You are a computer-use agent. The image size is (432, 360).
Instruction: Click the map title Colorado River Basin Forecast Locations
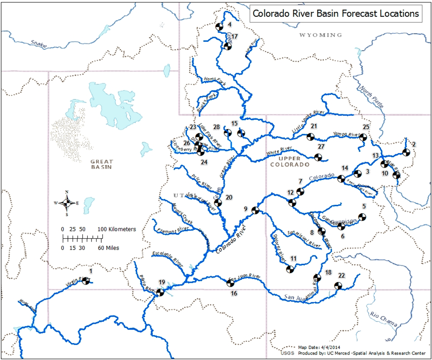pos(335,13)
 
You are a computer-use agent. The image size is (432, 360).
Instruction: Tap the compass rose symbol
pos(67,203)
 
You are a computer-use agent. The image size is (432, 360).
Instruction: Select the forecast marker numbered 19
pos(159,292)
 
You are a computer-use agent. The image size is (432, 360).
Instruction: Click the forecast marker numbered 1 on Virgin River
pos(86,280)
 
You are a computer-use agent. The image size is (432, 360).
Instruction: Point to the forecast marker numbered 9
pos(255,210)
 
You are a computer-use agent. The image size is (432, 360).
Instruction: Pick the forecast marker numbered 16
pos(228,283)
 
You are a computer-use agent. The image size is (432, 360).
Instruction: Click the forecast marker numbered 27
pos(319,157)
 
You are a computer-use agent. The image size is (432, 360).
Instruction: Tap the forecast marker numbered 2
pos(406,152)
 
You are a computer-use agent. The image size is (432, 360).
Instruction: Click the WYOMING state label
pos(321,35)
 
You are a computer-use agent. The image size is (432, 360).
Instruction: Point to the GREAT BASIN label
pos(102,164)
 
